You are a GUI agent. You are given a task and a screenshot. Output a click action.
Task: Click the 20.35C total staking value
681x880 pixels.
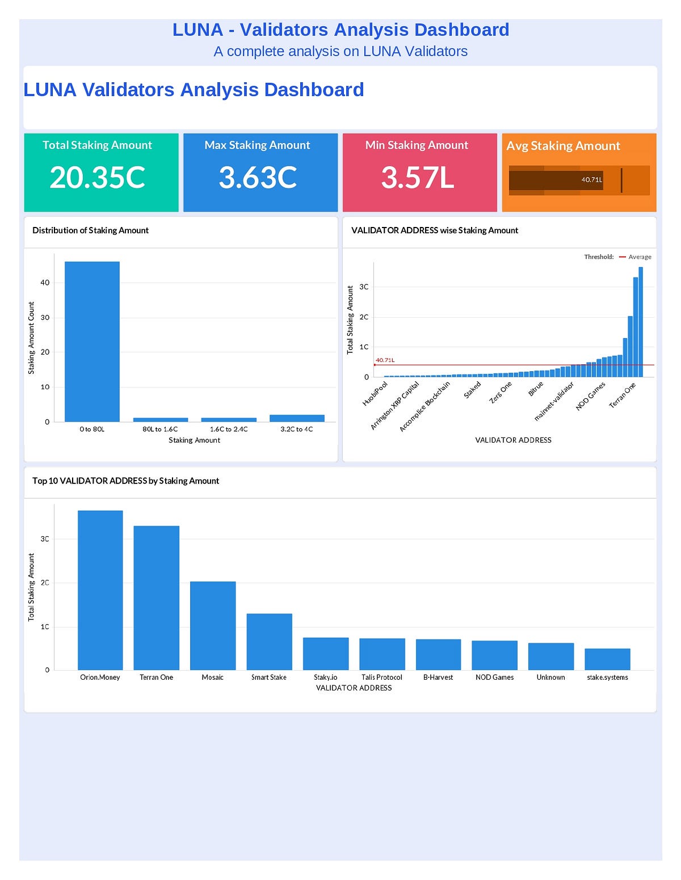98,177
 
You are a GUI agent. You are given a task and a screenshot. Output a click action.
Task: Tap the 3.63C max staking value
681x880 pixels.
258,177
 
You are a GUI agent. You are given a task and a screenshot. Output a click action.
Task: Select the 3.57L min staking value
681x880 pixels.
418,177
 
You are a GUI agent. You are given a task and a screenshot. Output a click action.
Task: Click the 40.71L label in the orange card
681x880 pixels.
591,180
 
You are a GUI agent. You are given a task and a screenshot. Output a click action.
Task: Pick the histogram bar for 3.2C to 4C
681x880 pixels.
297,418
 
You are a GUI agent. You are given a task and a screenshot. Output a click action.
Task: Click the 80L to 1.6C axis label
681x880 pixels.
160,430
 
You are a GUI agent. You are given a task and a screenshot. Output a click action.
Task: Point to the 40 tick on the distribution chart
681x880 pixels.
45,283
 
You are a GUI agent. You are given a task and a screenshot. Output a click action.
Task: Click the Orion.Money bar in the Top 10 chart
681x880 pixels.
100,590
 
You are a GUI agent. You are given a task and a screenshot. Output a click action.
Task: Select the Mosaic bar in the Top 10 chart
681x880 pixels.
213,625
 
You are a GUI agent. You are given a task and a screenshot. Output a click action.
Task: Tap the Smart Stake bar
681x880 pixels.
269,642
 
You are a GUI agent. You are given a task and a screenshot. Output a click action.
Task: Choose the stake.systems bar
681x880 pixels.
607,659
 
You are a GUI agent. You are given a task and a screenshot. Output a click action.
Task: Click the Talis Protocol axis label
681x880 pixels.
381,677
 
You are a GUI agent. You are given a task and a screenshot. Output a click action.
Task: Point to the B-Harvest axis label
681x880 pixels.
438,677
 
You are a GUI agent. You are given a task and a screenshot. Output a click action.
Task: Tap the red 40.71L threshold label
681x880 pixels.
385,360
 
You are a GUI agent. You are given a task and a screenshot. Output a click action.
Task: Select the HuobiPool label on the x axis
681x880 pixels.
375,394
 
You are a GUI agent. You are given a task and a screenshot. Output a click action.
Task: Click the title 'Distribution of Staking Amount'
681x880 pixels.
90,230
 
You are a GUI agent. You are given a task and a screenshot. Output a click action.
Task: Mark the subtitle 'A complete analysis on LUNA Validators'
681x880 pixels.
340,52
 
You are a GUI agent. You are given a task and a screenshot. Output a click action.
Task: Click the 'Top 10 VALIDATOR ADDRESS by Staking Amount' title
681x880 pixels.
125,481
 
